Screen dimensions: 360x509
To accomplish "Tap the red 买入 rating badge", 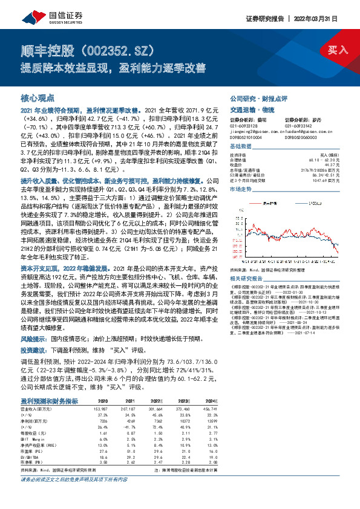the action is [333, 50].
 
